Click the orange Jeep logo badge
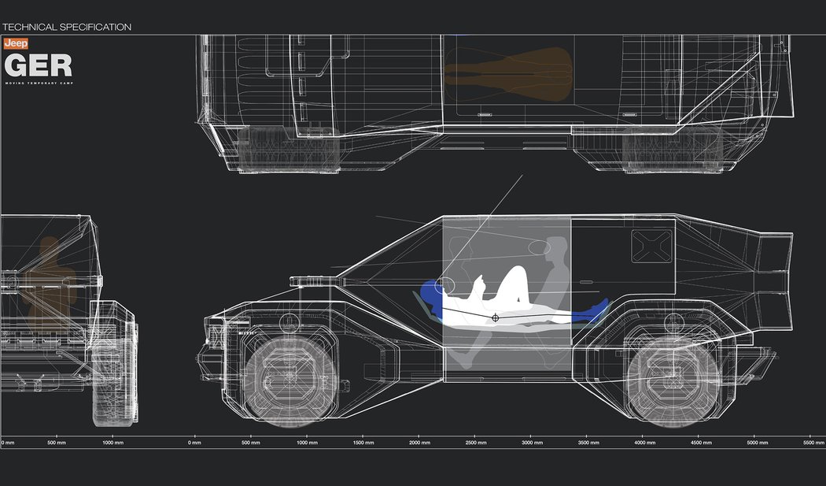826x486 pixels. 16,45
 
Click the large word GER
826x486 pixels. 38,65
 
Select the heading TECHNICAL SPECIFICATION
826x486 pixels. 67,27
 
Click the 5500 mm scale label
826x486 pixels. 813,443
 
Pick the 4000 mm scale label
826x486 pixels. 645,443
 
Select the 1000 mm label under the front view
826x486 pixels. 112,443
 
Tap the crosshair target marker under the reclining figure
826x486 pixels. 495,317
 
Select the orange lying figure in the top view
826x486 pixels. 507,73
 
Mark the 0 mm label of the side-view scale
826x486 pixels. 196,443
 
